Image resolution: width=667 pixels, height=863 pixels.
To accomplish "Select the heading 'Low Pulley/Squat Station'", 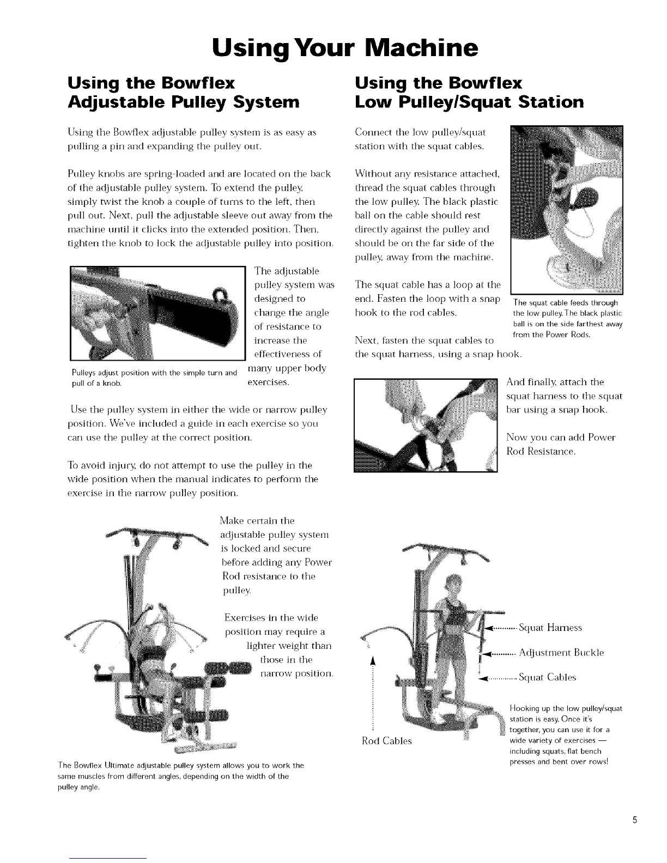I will pos(469,101).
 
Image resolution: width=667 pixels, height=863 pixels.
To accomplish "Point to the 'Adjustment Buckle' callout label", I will pos(561,653).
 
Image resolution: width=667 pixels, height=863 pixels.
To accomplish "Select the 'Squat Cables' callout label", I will pos(547,678).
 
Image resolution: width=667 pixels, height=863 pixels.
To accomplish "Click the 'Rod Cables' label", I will pos(387,741).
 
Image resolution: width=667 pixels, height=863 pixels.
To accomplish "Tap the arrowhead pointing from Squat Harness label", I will pos(489,628).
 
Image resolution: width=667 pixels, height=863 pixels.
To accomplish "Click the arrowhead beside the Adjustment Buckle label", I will pos(489,653).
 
